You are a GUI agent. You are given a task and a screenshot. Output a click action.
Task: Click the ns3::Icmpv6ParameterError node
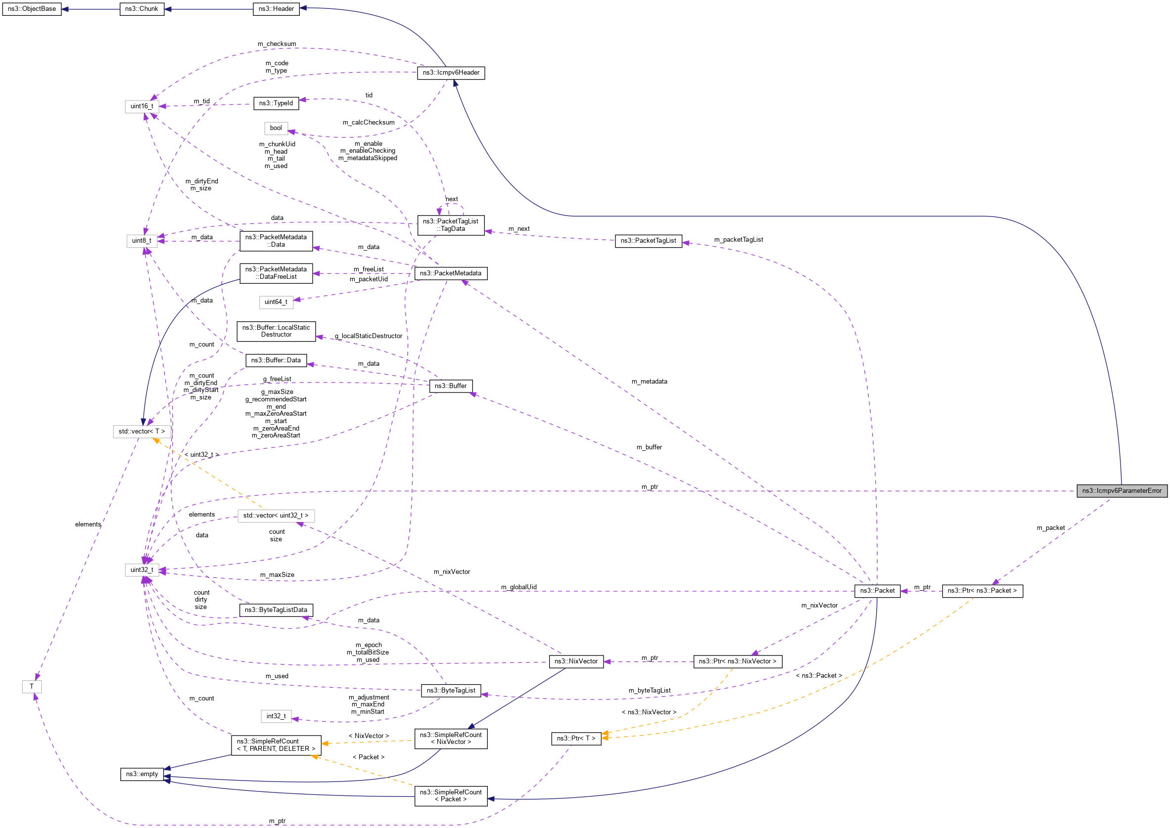pos(1122,490)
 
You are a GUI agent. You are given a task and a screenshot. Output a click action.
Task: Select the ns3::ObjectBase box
pos(32,9)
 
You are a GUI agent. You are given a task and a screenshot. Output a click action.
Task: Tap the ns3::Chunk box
pos(142,9)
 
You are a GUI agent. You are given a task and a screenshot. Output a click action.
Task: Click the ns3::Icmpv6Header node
pos(451,72)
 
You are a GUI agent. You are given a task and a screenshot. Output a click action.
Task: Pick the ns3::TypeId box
pos(276,103)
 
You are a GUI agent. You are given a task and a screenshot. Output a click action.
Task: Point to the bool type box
pos(276,128)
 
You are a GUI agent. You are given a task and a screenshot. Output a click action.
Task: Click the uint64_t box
pos(276,302)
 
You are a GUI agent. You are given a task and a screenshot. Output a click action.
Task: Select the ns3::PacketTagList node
pos(648,241)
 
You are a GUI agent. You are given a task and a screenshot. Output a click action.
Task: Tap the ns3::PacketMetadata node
pos(451,273)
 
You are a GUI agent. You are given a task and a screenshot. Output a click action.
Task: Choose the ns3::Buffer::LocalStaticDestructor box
pos(276,331)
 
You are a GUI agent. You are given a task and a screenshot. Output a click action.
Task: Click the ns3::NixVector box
pos(576,661)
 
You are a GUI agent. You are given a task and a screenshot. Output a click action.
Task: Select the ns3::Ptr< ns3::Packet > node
pos(982,590)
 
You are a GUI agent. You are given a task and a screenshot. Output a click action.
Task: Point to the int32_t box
pos(276,716)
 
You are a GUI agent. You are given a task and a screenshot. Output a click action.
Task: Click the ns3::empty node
pos(142,774)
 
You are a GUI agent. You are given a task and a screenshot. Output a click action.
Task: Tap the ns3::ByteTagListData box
pos(276,610)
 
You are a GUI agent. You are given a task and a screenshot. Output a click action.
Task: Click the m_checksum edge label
pos(277,44)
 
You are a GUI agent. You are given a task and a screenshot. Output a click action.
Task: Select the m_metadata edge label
pos(649,381)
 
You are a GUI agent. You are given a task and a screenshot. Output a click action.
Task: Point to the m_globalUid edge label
pos(518,587)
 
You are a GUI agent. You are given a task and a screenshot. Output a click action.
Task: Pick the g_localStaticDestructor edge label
pos(369,336)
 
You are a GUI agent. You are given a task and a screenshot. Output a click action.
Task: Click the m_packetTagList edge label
pos(738,240)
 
